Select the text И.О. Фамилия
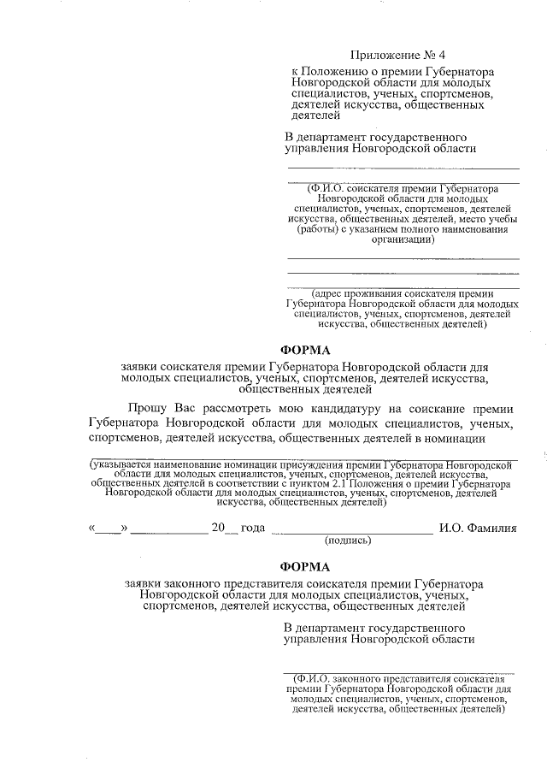pos(478,529)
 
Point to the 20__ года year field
pos(238,529)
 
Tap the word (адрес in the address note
pos(329,292)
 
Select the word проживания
pos(373,292)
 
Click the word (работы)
pos(315,230)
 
